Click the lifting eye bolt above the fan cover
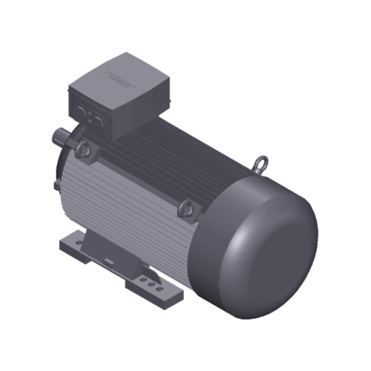point(261,161)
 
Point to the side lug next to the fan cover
point(186,210)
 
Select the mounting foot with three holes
point(152,286)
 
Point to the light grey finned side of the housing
point(126,208)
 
